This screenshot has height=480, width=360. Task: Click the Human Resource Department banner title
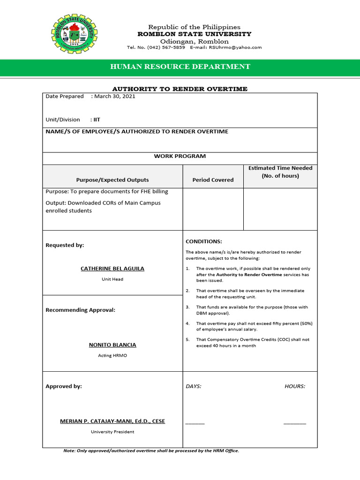[x=180, y=67]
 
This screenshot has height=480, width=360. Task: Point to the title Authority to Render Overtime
[x=180, y=89]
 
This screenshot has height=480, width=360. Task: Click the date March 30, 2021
[x=115, y=97]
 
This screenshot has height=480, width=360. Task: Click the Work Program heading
[x=180, y=156]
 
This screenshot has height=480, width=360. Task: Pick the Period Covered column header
[x=213, y=180]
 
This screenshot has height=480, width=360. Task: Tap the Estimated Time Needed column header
[x=280, y=172]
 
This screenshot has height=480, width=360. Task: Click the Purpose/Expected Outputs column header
[x=112, y=180]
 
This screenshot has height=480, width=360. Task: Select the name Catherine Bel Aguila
[x=112, y=269]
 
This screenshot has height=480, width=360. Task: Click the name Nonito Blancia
[x=112, y=345]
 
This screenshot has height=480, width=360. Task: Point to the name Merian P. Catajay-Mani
[x=112, y=421]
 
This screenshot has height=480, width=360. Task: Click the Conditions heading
[x=204, y=241]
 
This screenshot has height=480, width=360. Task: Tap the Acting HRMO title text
[x=112, y=356]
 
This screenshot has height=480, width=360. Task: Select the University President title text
[x=112, y=432]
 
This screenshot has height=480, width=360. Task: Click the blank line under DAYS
[x=195, y=423]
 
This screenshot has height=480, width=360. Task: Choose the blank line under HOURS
[x=294, y=423]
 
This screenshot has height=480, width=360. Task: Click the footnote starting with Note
[x=151, y=451]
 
